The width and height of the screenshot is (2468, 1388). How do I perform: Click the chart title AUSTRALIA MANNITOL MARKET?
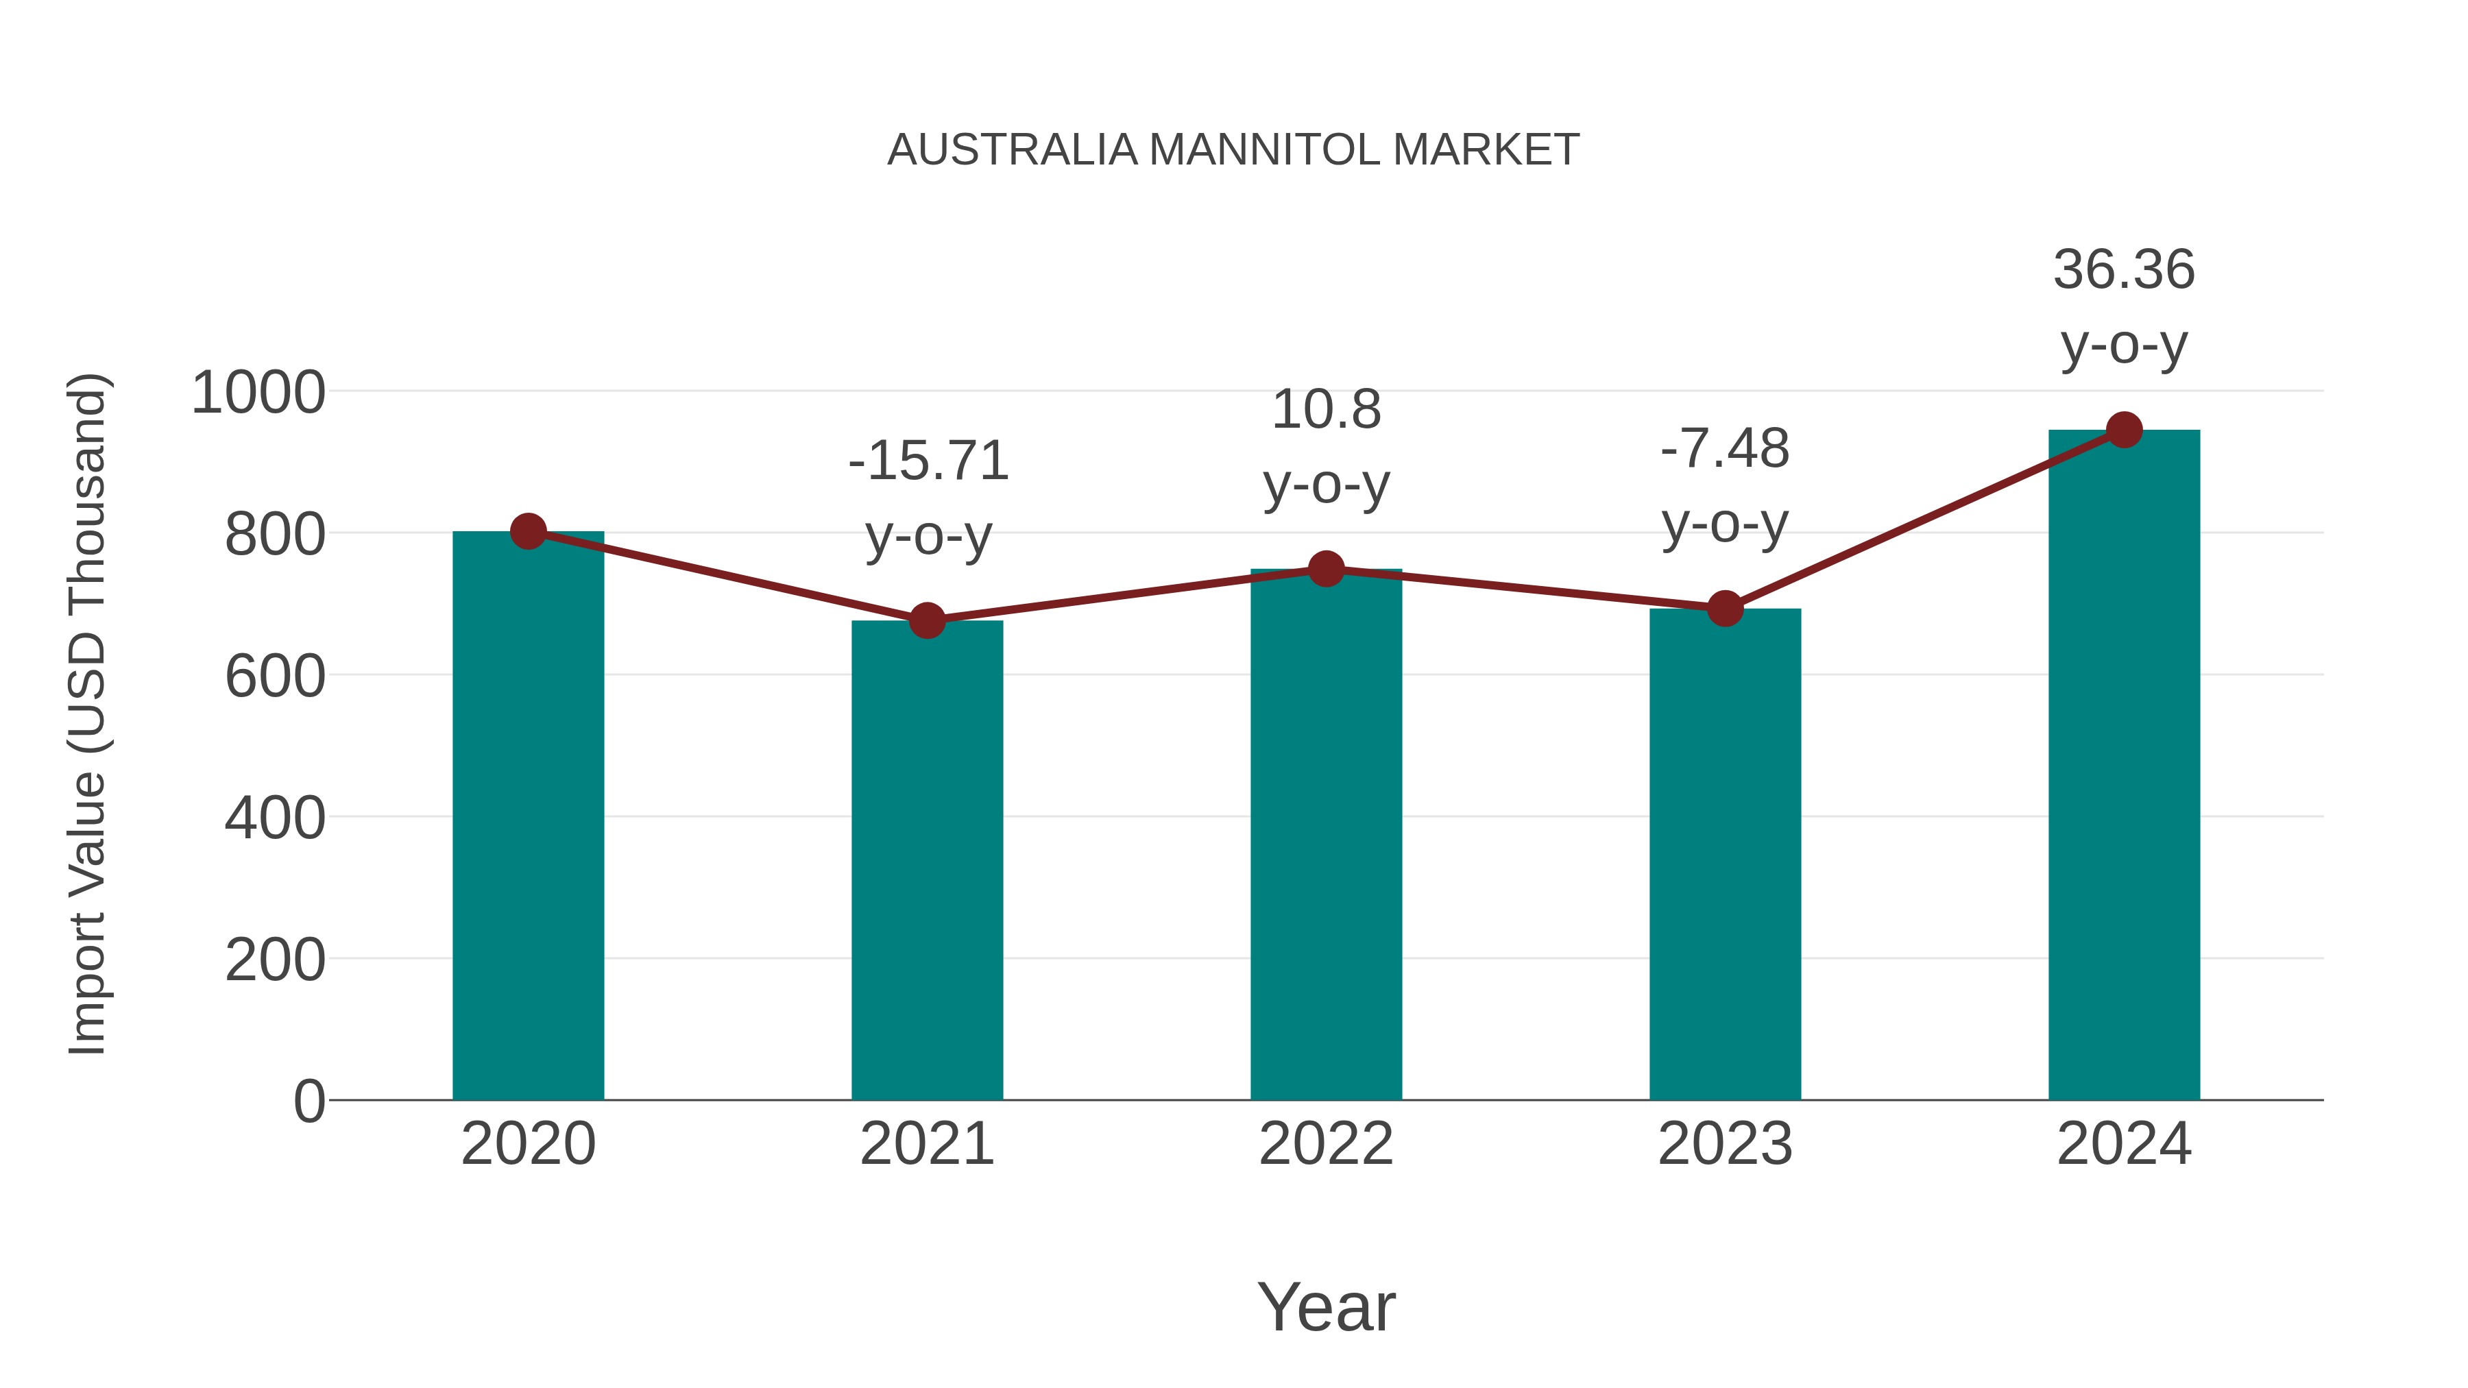(x=1233, y=150)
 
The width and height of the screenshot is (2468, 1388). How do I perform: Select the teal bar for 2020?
(x=528, y=814)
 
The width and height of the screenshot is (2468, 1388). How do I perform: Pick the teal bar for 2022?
(x=1326, y=833)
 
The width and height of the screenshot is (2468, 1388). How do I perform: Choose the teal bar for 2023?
(x=1725, y=853)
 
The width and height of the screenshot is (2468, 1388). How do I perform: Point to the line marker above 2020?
(x=528, y=531)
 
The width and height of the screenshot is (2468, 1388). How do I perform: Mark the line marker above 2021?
(x=926, y=621)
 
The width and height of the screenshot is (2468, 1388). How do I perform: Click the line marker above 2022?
(x=1326, y=569)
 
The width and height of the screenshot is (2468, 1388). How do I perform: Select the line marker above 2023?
(x=1725, y=608)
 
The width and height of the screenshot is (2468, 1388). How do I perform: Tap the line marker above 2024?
(x=2124, y=430)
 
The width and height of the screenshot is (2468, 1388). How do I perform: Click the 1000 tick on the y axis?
(x=258, y=393)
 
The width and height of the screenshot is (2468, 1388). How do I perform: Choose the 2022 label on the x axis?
(x=1326, y=1144)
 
